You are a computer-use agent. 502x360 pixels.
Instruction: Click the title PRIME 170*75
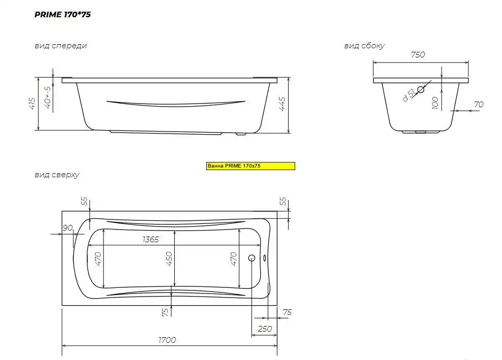coord(63,14)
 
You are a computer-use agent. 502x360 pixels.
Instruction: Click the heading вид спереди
coord(60,46)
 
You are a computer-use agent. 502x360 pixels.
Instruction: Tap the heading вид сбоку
coord(364,46)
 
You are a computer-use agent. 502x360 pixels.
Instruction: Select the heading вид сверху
coord(57,175)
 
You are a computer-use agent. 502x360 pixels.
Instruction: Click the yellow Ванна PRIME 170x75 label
coord(250,166)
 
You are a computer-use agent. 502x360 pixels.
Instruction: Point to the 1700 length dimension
coord(167,340)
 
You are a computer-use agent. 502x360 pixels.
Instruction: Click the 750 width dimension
coord(418,55)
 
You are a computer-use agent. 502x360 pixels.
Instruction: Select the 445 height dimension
coord(282,104)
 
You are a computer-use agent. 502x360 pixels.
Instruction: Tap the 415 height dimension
coord(32,104)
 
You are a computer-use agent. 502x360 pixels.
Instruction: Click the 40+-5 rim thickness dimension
coord(48,97)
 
